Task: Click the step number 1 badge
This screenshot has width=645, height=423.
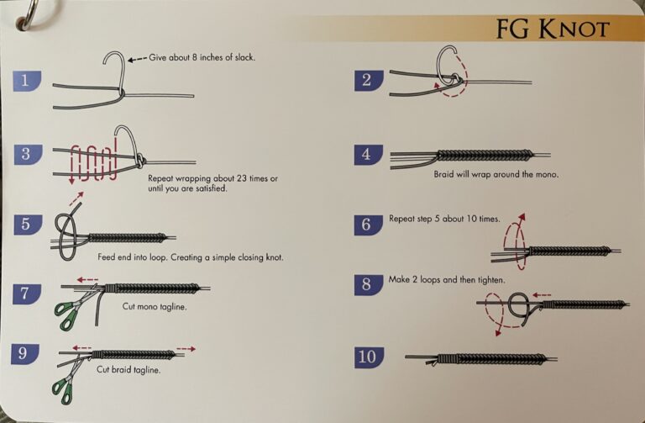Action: pos(28,81)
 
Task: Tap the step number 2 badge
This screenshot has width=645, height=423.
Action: pos(368,81)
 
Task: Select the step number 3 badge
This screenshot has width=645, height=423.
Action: pos(28,154)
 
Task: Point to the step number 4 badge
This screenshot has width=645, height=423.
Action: pos(368,154)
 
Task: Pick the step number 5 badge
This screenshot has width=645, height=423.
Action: pos(28,225)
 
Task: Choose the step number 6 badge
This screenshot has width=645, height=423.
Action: pos(368,225)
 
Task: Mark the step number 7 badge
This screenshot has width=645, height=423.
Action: pos(28,293)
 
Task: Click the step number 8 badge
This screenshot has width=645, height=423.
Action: pos(368,283)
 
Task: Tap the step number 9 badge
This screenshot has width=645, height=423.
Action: pos(28,353)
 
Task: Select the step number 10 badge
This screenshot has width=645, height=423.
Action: pos(368,357)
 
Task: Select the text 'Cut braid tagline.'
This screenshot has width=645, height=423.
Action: pos(128,369)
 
